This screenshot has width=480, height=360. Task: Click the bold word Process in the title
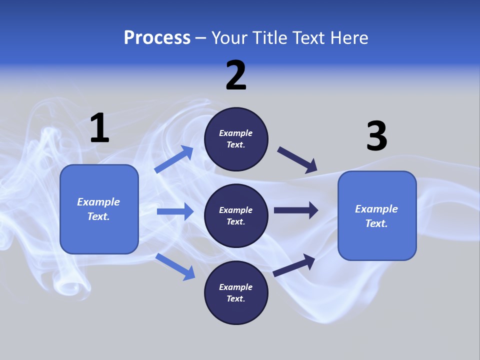click(157, 38)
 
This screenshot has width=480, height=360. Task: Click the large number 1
click(99, 128)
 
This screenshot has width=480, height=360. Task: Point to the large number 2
click(236, 75)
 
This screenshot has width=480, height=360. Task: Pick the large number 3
click(376, 136)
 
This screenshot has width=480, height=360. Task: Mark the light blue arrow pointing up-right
click(174, 159)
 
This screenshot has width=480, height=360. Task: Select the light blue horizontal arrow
click(175, 211)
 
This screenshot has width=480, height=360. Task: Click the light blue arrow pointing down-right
click(175, 266)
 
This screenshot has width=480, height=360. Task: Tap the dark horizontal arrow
click(296, 210)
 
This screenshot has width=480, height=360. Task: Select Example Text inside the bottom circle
click(236, 293)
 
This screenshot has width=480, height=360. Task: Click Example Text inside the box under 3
click(376, 216)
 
